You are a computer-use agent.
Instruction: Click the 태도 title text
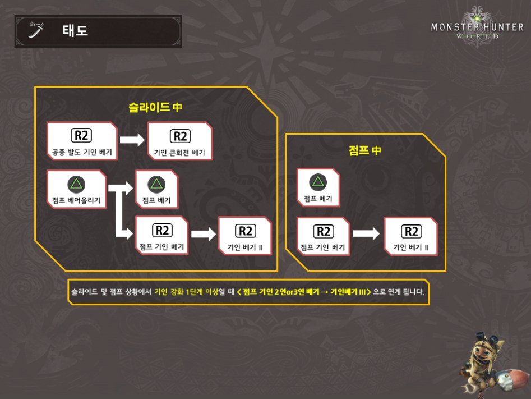[75, 31]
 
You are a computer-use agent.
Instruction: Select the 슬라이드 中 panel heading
[155, 107]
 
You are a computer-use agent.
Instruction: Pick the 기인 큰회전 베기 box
[179, 142]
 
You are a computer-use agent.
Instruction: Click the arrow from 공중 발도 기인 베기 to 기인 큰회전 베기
[132, 141]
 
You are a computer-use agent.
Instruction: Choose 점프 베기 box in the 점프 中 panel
[317, 187]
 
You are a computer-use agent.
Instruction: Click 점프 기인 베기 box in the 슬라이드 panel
[163, 235]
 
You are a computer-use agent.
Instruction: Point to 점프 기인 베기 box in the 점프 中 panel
[323, 236]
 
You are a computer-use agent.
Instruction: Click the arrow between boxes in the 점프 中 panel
[366, 235]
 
